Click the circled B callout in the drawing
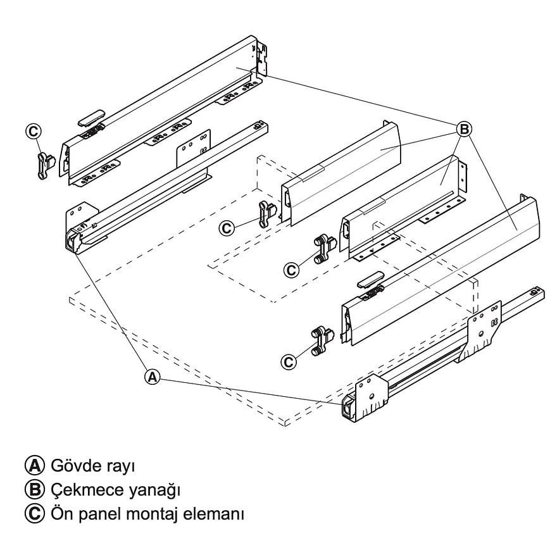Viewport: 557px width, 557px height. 464,129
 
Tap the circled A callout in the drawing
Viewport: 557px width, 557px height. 152,376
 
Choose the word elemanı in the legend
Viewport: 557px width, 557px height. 215,513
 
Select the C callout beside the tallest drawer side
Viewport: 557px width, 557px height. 33,131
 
